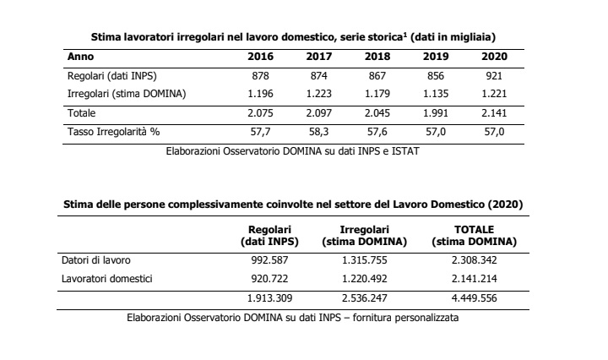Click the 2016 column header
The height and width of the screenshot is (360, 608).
[260, 57]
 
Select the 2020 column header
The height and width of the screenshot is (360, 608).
[494, 57]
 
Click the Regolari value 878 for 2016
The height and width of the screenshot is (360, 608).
[260, 76]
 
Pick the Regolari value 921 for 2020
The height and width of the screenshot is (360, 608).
[494, 76]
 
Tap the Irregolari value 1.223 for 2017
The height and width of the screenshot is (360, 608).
[318, 94]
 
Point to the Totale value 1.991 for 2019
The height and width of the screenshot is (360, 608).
[436, 113]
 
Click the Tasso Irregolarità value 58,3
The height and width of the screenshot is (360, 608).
[318, 132]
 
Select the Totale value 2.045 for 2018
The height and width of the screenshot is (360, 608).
[377, 113]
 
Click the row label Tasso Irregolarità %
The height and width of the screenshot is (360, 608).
[114, 132]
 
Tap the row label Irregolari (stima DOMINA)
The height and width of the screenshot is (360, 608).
[127, 95]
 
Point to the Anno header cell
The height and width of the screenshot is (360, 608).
[81, 57]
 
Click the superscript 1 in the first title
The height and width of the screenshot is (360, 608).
[404, 35]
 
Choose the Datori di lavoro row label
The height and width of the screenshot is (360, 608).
[96, 260]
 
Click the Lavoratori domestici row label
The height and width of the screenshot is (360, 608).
[107, 279]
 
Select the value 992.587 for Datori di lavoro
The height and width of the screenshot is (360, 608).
[269, 260]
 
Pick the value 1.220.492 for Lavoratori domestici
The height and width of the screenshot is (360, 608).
[365, 279]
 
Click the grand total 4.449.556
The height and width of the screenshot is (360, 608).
[475, 298]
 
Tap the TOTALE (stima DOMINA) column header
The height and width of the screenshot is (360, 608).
[475, 236]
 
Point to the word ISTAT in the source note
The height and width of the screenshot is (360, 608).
[405, 151]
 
